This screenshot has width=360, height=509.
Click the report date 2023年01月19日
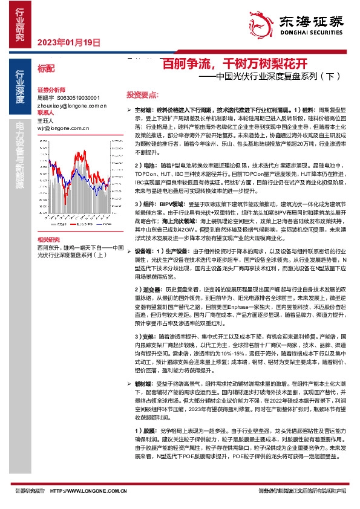tap(68, 42)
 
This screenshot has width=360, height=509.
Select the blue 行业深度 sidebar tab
tap(20, 88)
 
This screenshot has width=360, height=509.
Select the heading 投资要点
tap(143, 95)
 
